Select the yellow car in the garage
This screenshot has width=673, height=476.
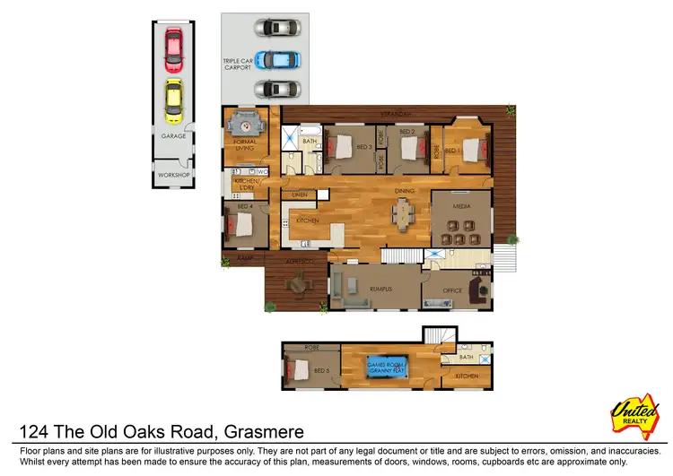tap(173, 101)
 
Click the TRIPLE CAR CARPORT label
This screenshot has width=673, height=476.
tap(237, 64)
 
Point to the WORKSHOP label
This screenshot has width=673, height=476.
tap(173, 174)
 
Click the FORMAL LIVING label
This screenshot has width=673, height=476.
tap(245, 145)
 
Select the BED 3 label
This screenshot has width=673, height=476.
tap(363, 146)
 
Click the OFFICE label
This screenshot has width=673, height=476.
tap(452, 290)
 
